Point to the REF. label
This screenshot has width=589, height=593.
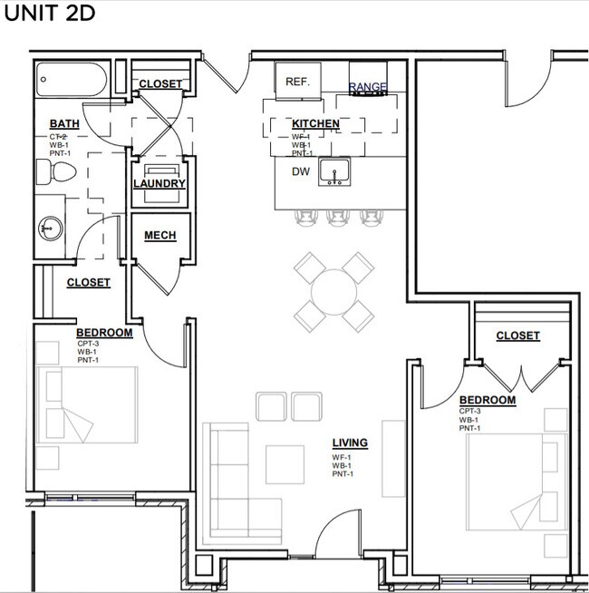[298, 82]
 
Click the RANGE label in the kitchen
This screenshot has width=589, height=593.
[368, 87]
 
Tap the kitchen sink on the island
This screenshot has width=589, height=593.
[334, 171]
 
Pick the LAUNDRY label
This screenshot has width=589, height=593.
[159, 184]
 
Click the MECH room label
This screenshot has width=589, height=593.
[159, 237]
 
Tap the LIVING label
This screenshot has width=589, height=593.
[350, 442]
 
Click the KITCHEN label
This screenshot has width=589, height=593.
[315, 124]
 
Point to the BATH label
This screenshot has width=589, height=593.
[64, 124]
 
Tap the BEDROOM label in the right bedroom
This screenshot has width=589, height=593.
[488, 400]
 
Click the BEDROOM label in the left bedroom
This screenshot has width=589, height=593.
[104, 333]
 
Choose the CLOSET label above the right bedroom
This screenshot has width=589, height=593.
[517, 335]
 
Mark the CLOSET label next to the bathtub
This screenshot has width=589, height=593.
[160, 84]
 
